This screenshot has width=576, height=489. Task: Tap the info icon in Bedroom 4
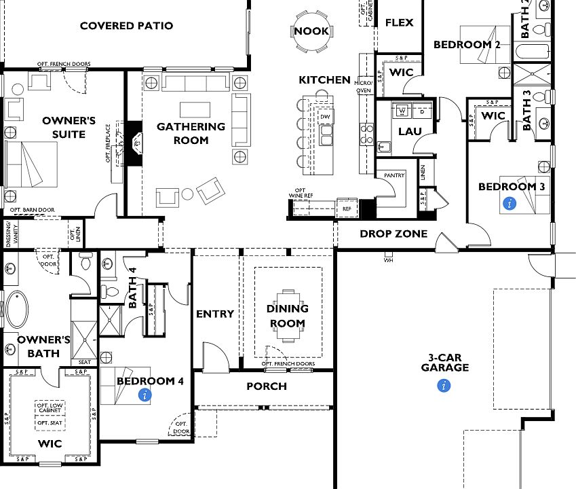[x=144, y=395]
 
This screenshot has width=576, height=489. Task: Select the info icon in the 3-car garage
[x=444, y=386]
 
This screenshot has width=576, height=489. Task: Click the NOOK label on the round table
[x=311, y=31]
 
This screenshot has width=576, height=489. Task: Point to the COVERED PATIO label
[x=126, y=26]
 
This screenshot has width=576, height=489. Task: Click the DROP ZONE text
[x=393, y=234]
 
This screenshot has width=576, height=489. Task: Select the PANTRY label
[x=394, y=175]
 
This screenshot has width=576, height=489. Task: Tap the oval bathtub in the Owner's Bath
[x=17, y=310]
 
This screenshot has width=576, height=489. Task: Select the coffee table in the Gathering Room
[x=190, y=109]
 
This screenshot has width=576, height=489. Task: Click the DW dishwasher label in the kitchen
[x=326, y=117]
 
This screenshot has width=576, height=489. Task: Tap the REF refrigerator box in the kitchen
[x=347, y=209]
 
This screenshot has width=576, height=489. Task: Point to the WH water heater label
[x=388, y=259]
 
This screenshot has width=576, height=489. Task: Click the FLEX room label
[x=400, y=22]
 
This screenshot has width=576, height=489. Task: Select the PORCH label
[x=266, y=386]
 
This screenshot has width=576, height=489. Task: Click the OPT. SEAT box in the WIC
[x=50, y=422]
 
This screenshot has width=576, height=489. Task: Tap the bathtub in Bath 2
[x=531, y=51]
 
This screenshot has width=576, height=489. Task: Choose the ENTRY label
[x=215, y=314]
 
